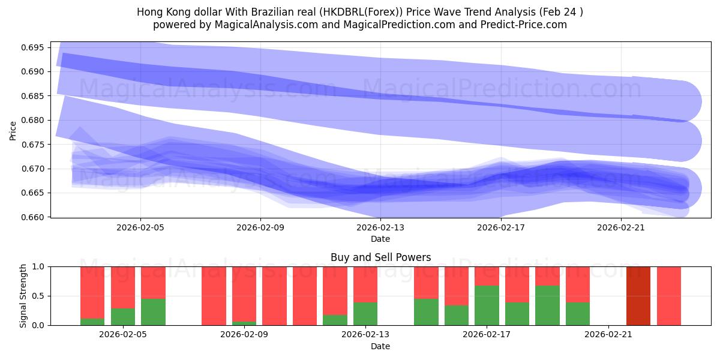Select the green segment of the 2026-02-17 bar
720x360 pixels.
tap(487, 305)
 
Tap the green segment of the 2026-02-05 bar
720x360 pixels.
tap(122, 317)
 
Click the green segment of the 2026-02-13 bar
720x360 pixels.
tap(365, 314)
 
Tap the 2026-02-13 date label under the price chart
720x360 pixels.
tap(380, 228)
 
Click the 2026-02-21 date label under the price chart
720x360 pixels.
tap(620, 228)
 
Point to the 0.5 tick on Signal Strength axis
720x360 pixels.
tap(39, 296)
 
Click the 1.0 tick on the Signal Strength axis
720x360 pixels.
tap(39, 266)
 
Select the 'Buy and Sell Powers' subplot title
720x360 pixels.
tap(380, 257)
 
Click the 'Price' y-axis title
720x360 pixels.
tap(13, 130)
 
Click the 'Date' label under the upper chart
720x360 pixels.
tap(380, 239)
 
